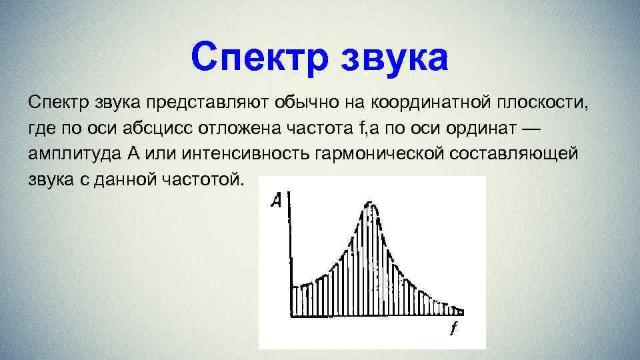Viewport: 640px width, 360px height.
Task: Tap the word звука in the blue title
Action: tap(395, 57)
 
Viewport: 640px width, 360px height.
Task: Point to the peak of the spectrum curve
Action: tap(369, 203)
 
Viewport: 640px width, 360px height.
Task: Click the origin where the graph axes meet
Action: tap(291, 313)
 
